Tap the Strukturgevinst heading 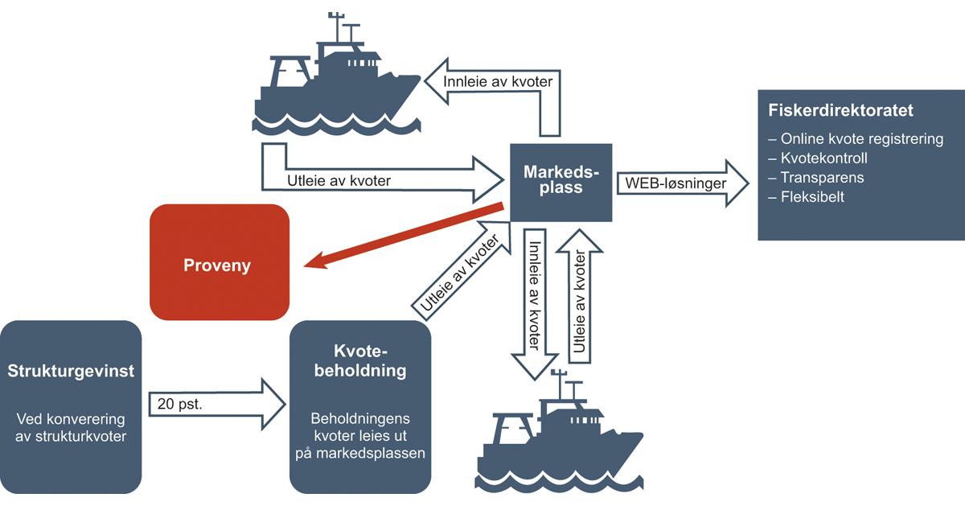(x=71, y=371)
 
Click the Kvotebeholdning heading (x=359, y=362)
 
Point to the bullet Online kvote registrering (x=855, y=139)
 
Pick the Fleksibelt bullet (x=806, y=197)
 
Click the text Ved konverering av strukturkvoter (x=71, y=428)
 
